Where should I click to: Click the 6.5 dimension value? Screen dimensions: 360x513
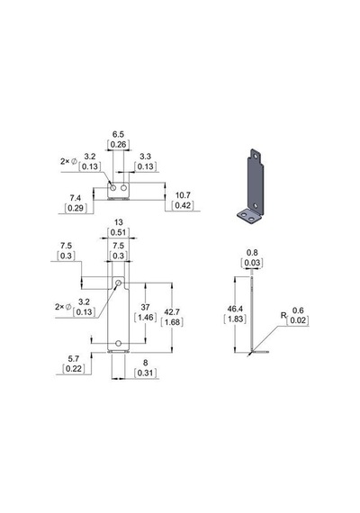118,134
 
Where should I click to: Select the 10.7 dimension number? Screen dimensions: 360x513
183,195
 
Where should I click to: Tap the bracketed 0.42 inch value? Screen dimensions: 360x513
183,205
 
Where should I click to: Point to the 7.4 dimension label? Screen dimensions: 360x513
76,198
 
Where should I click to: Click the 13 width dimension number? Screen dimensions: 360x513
118,222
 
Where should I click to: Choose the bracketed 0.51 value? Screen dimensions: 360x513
118,232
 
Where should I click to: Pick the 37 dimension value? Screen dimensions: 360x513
145,307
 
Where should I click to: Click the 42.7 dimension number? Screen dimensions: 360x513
172,311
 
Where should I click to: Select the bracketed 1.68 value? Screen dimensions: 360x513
172,322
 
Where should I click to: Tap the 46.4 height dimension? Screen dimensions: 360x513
235,309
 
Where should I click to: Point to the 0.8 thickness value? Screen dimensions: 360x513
252,253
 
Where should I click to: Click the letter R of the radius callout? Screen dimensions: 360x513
283,315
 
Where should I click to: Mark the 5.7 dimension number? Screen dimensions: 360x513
73,358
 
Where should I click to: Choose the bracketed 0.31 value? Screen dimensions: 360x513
145,373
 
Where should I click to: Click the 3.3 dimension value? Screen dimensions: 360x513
145,157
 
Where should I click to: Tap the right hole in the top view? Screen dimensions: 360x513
123,188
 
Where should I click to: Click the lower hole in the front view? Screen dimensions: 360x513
119,343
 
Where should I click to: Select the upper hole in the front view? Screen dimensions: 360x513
119,283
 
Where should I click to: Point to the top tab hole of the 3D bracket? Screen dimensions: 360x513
256,156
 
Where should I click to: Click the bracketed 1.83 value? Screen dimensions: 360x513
235,319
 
